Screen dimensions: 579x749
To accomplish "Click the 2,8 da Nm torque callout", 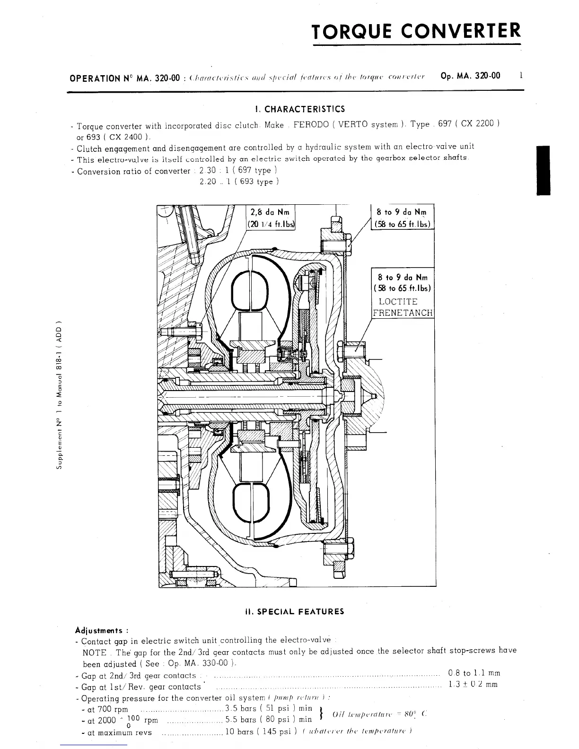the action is coord(270,212).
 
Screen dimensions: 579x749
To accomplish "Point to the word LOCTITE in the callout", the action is coord(398,302).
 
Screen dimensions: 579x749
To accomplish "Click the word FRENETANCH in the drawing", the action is coord(403,313).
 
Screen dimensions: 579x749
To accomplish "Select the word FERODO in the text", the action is coord(311,125).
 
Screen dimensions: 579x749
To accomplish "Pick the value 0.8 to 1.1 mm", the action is coord(474,673).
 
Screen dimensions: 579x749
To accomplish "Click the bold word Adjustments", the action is coord(99,630).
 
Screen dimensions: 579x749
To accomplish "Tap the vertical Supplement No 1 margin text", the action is coord(59,396).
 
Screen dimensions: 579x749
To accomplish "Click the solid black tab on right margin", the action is coord(544,170).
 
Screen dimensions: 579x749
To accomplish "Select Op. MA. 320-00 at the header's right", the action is coord(470,76).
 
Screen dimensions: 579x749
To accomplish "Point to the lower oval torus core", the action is coord(250,503).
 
